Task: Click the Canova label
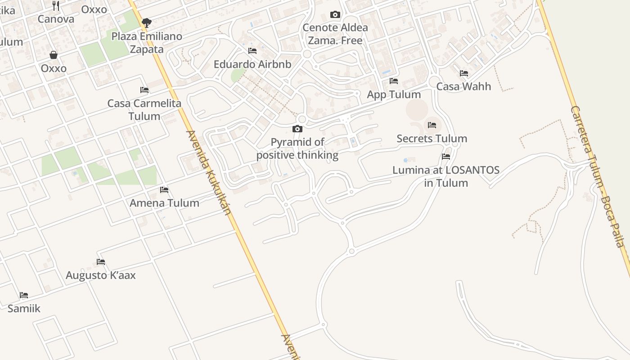click(x=56, y=19)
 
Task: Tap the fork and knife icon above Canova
click(x=56, y=6)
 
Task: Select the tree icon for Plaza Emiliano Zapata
click(x=146, y=22)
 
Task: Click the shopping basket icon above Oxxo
click(x=54, y=55)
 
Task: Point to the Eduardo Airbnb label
click(x=252, y=64)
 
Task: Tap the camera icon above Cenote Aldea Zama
click(x=335, y=15)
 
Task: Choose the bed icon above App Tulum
click(x=394, y=81)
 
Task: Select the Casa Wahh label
click(x=463, y=86)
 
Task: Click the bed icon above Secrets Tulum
click(x=432, y=125)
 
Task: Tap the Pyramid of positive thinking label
click(x=297, y=148)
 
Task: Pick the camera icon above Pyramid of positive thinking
click(x=297, y=129)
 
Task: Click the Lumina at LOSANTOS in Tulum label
click(x=446, y=176)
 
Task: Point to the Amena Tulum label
click(x=164, y=203)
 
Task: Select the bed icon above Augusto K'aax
click(x=101, y=262)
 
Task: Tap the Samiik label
click(x=24, y=309)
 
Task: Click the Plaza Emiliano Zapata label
click(x=147, y=43)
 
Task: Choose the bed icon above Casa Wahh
click(x=464, y=73)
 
